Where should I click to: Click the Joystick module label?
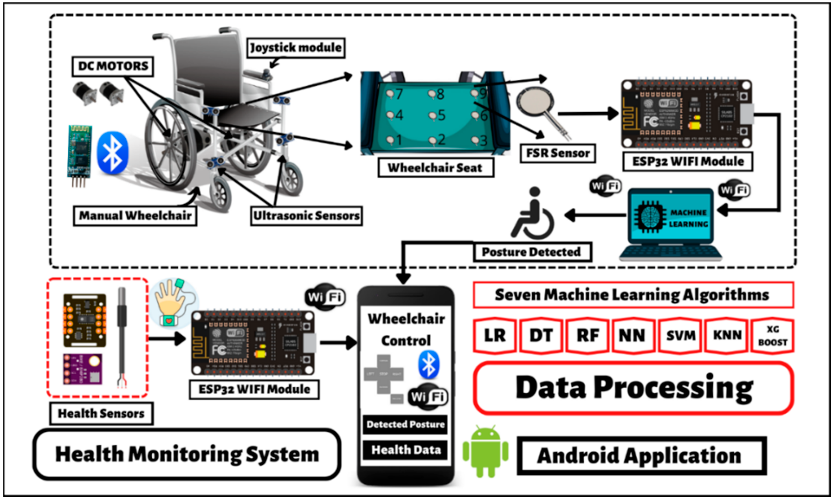pos(296,48)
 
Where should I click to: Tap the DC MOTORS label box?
pos(113,66)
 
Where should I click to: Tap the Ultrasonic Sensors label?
pos(306,216)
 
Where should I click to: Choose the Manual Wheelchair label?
pos(135,216)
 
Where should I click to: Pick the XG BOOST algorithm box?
pos(772,336)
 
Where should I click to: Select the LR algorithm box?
pos(495,336)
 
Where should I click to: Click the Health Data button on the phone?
pos(405,450)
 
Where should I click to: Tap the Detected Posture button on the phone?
pos(405,424)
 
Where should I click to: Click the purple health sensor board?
pos(82,369)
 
